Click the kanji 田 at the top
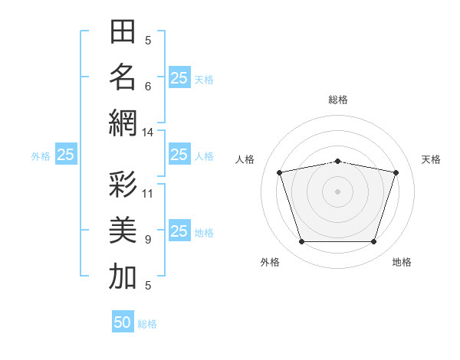[x=123, y=31]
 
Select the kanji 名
[x=123, y=77]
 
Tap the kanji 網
[x=123, y=123]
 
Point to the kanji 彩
[x=123, y=184]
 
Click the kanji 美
[x=123, y=230]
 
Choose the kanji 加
[x=123, y=276]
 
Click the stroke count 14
[x=147, y=133]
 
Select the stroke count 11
[x=147, y=194]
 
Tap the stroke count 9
[x=148, y=240]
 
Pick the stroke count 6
[x=148, y=87]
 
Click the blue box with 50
[x=123, y=321]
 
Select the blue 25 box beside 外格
[x=66, y=154]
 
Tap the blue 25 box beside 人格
[x=179, y=154]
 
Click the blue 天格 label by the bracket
[x=204, y=80]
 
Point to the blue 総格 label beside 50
[x=147, y=324]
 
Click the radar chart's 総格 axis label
[x=338, y=100]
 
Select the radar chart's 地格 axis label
[x=402, y=262]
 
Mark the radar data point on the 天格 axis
[x=396, y=172]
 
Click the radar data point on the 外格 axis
[x=302, y=241]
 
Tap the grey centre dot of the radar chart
[x=337, y=191]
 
